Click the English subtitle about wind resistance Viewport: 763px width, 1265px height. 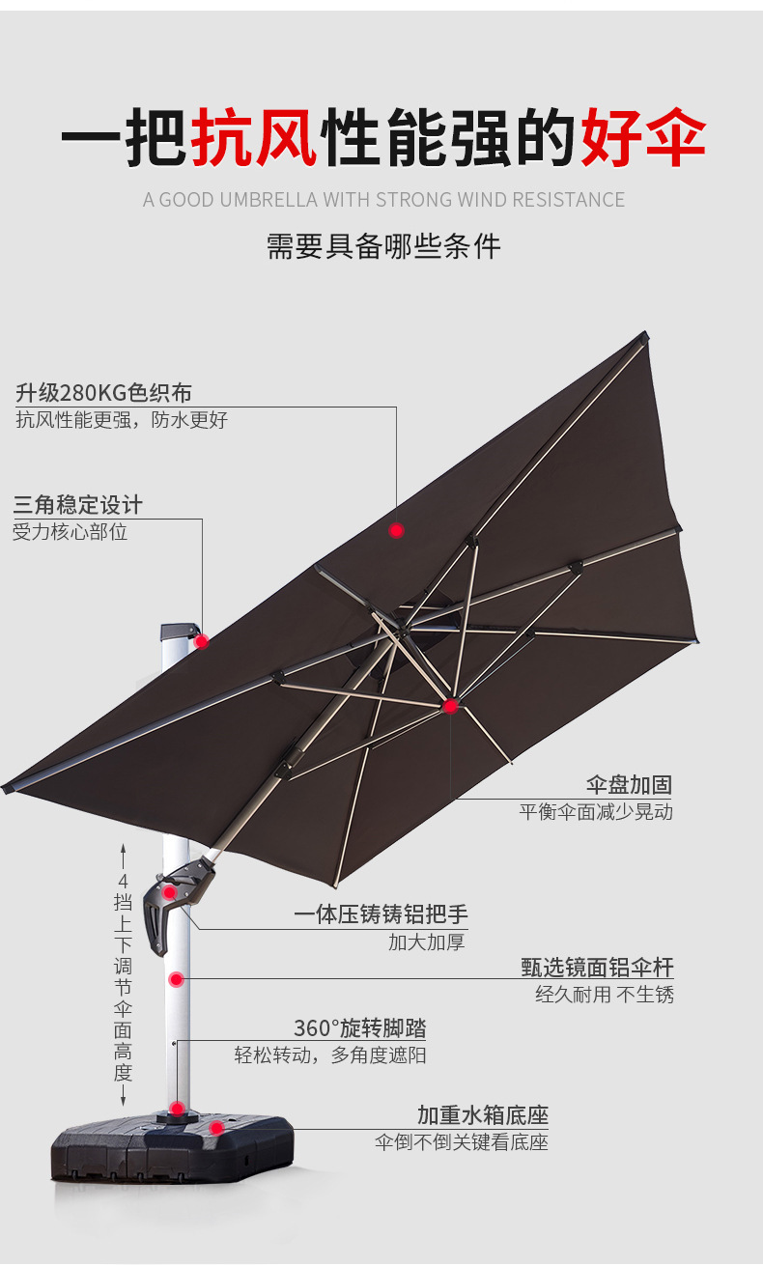383,200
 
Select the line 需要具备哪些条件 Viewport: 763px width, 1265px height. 383,246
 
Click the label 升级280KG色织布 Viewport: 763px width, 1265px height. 103,393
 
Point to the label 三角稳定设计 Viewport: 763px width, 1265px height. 77,504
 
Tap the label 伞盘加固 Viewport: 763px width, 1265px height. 629,784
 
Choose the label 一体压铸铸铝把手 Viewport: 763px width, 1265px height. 381,914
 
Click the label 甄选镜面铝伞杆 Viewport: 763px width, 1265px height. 597,967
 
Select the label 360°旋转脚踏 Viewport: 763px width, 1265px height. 359,1027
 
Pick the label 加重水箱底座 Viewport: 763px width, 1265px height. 482,1115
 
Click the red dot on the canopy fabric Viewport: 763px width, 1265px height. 396,530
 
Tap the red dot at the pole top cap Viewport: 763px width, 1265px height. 201,641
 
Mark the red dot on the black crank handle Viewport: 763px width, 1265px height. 170,892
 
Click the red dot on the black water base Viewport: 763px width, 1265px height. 217,1127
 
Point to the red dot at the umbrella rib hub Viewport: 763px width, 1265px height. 450,707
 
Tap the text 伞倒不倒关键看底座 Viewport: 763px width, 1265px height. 462,1142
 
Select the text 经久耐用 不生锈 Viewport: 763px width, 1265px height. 605,994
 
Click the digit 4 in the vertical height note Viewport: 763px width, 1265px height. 123,881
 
